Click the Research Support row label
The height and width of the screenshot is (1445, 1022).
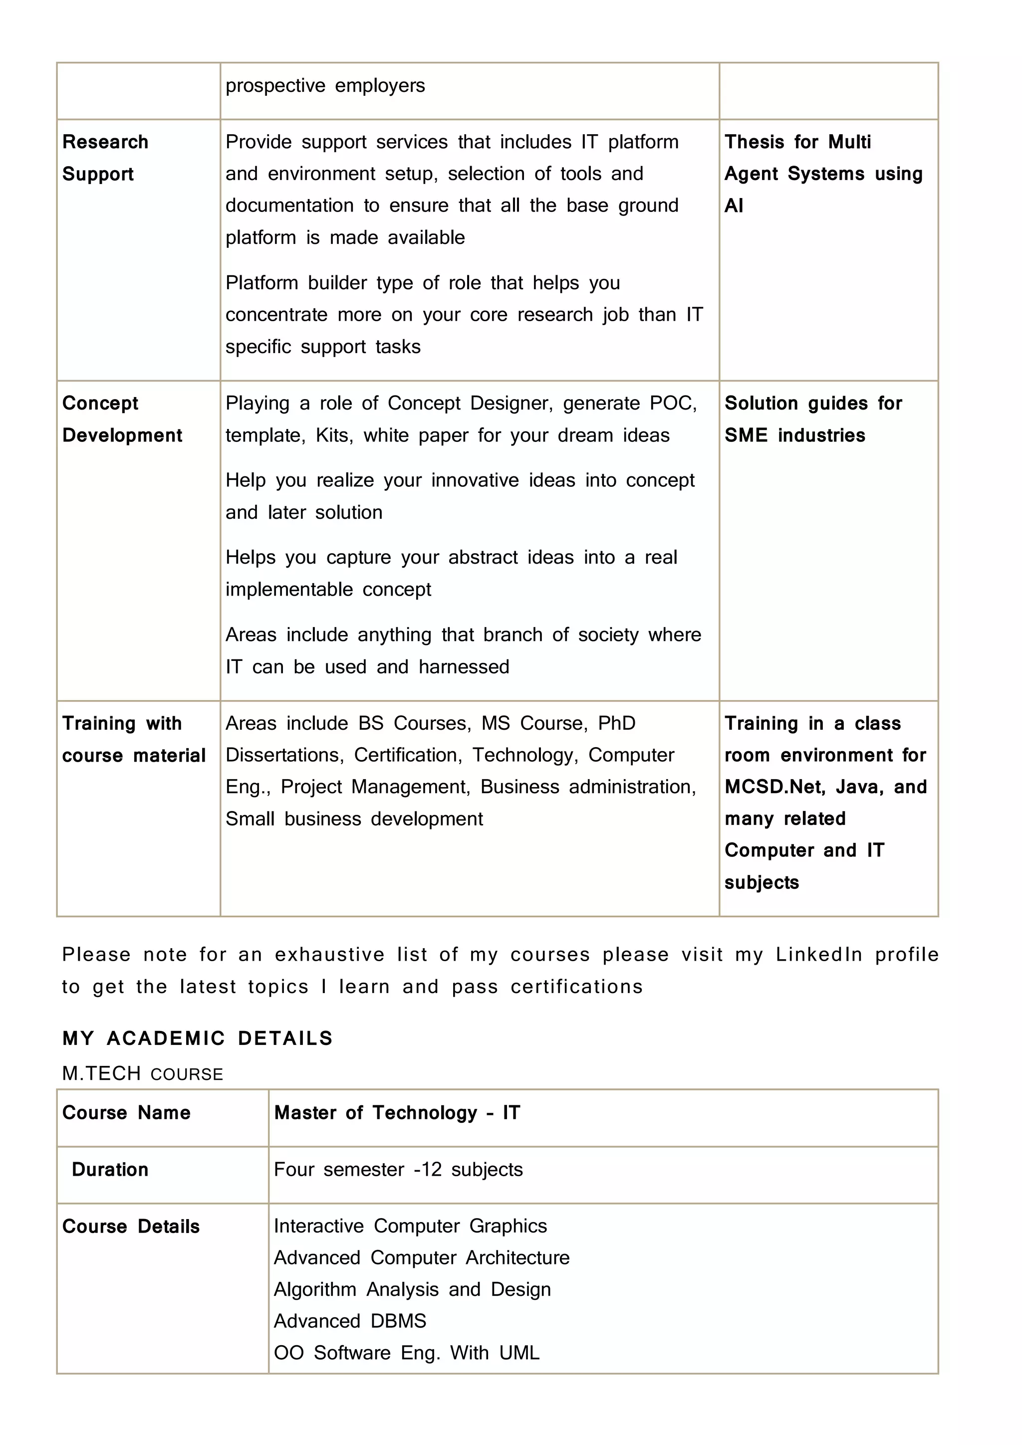[x=105, y=157]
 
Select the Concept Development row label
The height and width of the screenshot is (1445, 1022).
[x=122, y=418]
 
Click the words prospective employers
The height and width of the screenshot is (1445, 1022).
[x=325, y=86]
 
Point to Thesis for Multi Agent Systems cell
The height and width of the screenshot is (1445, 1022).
[x=823, y=173]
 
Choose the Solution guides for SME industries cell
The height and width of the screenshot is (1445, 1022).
[x=813, y=418]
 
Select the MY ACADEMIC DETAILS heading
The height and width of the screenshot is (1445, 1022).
[x=198, y=1038]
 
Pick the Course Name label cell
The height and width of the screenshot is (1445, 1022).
[x=126, y=1113]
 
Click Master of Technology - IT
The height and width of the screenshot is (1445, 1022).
[x=397, y=1113]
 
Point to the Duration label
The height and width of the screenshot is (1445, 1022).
[x=110, y=1169]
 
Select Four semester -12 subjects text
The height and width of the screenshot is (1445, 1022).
[x=398, y=1169]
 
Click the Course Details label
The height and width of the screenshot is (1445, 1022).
[x=131, y=1226]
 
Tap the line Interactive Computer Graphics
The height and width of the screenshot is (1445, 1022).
[x=410, y=1226]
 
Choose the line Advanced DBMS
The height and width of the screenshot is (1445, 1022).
[x=349, y=1320]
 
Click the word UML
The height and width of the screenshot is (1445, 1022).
[x=519, y=1353]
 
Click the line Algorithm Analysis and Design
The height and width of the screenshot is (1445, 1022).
[x=412, y=1289]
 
